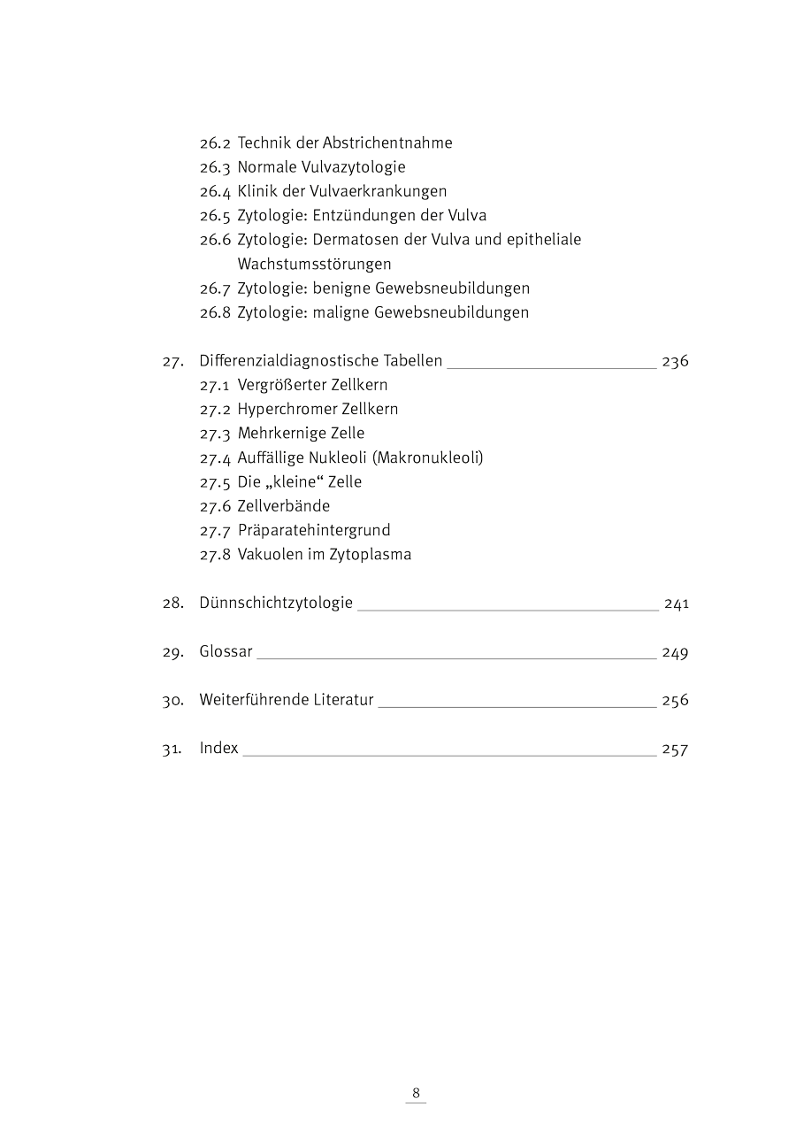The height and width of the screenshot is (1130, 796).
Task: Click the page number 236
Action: (x=675, y=361)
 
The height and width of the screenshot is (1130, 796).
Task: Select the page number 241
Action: (x=676, y=603)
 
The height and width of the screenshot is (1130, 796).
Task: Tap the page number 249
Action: (x=675, y=652)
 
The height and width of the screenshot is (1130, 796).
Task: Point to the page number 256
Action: (x=675, y=700)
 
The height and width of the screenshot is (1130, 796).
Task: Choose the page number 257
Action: (x=675, y=749)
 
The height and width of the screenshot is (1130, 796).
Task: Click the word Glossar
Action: (x=226, y=652)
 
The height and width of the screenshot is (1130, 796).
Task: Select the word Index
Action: (x=218, y=749)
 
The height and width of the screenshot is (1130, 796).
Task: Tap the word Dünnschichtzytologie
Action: (x=276, y=603)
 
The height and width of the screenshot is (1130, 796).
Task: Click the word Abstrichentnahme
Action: (x=387, y=142)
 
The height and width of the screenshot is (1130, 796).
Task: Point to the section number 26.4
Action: (x=215, y=191)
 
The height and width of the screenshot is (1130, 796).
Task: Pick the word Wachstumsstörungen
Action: (x=314, y=264)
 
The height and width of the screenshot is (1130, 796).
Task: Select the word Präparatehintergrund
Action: (x=314, y=530)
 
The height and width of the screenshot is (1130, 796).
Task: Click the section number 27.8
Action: (x=215, y=555)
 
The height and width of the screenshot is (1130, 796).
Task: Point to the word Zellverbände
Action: (x=283, y=506)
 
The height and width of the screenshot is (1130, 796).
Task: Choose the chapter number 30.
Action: (x=172, y=700)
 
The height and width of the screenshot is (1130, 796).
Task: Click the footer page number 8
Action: (x=416, y=1092)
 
